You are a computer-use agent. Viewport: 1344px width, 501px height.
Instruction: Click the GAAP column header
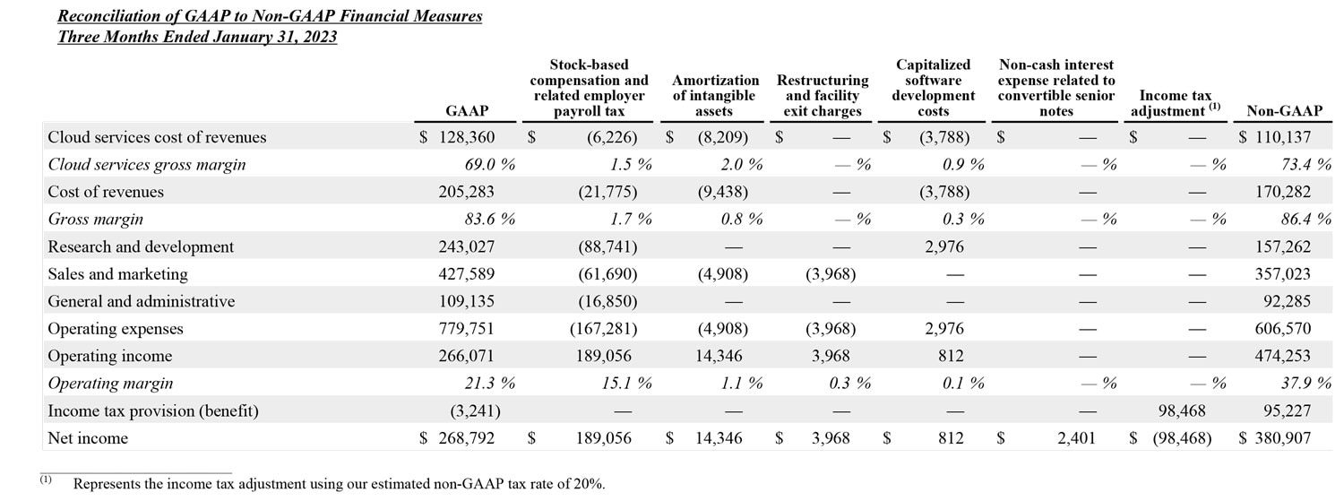point(466,111)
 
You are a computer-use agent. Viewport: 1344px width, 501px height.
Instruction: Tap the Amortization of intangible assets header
point(714,95)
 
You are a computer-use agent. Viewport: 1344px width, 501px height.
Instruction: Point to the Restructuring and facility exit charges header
point(823,95)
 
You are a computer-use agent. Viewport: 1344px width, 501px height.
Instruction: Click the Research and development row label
point(141,246)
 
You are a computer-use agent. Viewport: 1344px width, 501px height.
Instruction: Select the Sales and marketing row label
point(117,274)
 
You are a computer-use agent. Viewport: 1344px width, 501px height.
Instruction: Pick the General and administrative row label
point(141,301)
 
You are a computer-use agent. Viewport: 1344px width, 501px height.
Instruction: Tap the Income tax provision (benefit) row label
point(152,410)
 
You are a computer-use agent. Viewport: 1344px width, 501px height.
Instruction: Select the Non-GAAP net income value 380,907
point(1284,438)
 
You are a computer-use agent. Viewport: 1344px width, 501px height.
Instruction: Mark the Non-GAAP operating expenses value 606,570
point(1284,329)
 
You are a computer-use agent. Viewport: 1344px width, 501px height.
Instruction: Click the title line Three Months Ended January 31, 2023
point(197,37)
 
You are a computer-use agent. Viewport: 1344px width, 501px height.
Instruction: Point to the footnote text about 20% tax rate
point(339,484)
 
